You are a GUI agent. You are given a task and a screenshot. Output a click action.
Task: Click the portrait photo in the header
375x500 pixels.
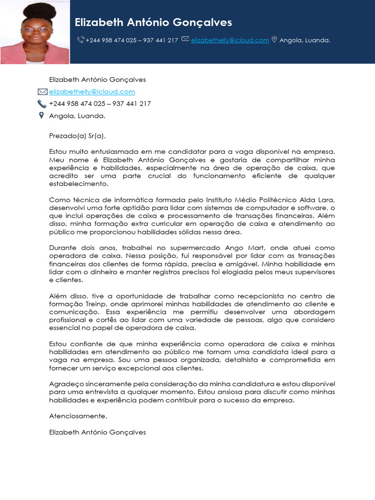(x=35, y=32)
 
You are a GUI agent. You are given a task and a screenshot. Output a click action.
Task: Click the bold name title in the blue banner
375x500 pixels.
(x=153, y=22)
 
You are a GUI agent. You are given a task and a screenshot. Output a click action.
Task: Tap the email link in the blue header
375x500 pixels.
(x=230, y=40)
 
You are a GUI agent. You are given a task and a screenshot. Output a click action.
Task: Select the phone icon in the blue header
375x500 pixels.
(x=81, y=40)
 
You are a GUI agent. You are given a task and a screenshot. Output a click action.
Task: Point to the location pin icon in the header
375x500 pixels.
(x=274, y=40)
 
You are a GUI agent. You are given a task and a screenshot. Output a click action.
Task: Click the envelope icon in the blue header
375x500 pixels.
(x=185, y=39)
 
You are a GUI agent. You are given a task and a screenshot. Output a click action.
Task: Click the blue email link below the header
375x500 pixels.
(x=92, y=92)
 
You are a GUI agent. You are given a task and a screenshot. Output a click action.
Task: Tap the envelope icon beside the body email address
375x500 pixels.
(x=42, y=92)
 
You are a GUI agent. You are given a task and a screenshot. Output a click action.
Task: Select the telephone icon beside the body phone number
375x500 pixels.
(x=42, y=104)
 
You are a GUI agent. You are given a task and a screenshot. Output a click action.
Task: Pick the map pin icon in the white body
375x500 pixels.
(x=42, y=115)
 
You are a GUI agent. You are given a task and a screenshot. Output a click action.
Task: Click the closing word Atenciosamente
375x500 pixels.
(x=78, y=416)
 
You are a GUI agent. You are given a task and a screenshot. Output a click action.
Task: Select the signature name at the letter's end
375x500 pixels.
(x=97, y=432)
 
